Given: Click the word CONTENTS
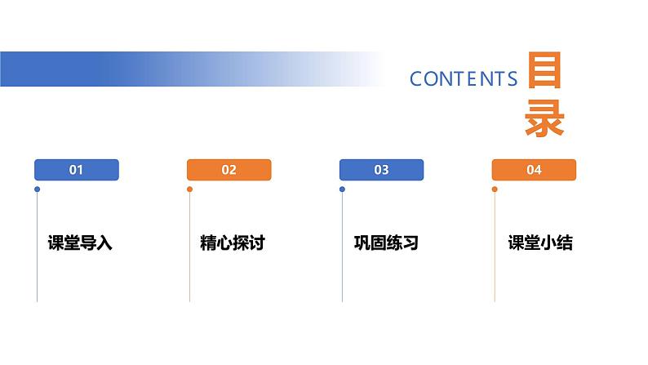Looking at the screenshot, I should (x=464, y=78).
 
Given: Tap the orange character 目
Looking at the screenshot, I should (x=544, y=73).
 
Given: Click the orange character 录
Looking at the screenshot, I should (x=544, y=120).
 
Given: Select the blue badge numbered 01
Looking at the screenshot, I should (x=77, y=170).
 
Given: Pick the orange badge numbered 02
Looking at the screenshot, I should (x=229, y=170).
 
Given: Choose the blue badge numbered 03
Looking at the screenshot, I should (x=381, y=170).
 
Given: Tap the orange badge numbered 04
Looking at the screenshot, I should (x=534, y=170).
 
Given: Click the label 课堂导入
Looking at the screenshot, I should (x=80, y=243).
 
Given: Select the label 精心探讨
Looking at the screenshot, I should (x=233, y=243).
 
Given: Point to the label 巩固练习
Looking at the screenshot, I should (x=385, y=243).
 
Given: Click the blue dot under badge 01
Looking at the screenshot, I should (x=37, y=189).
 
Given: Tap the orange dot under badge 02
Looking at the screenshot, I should (x=189, y=189).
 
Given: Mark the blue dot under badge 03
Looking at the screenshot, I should (x=342, y=189).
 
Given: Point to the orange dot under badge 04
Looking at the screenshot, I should (x=495, y=189).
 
